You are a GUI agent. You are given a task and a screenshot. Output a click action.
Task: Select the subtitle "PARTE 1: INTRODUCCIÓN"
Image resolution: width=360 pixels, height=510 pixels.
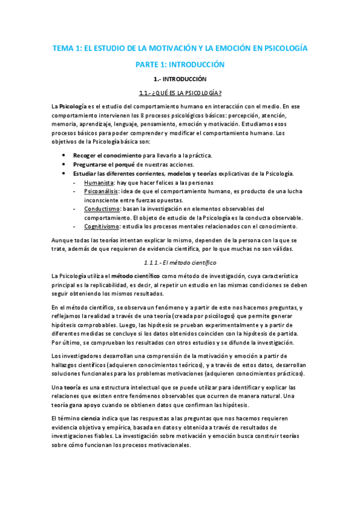(180, 64)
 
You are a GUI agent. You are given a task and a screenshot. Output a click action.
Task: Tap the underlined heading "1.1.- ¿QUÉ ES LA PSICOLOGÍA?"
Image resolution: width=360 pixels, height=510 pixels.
(180, 92)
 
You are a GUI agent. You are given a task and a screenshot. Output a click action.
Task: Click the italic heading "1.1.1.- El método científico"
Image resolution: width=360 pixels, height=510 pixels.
(180, 262)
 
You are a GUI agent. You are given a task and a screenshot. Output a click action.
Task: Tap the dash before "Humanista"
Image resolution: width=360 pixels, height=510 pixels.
(73, 183)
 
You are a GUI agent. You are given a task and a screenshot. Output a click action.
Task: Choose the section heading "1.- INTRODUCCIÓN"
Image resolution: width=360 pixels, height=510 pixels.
(180, 79)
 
